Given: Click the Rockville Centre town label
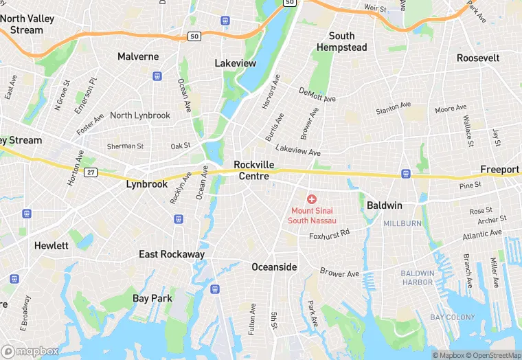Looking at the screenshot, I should (253, 170).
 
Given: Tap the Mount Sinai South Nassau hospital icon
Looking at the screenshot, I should (311, 199).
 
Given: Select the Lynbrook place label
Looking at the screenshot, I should (147, 185).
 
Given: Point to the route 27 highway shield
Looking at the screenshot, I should (91, 172).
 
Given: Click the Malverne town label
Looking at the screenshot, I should (138, 56).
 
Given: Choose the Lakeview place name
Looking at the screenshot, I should (235, 63).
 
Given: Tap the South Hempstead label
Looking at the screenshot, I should (341, 42).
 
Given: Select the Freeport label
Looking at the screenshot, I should (499, 170).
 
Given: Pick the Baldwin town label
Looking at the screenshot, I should (384, 205).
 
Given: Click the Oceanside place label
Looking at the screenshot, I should (274, 267).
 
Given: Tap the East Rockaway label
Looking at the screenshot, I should (172, 254).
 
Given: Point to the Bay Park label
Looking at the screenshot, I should (152, 298).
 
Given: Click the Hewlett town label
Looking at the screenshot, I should (52, 245).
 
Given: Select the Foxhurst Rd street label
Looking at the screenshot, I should (329, 234).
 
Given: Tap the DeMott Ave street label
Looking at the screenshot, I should (317, 95).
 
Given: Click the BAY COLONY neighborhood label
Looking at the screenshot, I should (452, 317).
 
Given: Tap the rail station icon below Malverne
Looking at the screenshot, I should (158, 76).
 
